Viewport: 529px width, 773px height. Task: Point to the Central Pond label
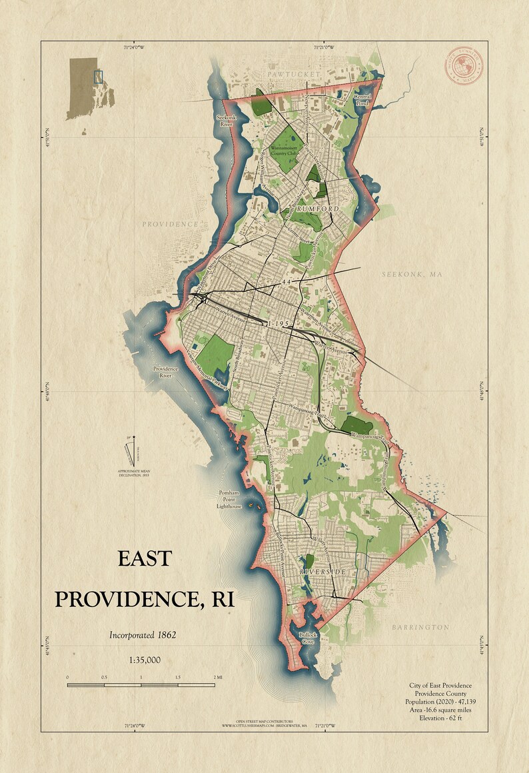361,100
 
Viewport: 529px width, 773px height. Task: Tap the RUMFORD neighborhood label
318,209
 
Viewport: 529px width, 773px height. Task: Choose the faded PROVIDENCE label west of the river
170,225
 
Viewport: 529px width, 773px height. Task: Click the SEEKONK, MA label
412,275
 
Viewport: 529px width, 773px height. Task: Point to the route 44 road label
288,283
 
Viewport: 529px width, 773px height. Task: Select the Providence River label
167,372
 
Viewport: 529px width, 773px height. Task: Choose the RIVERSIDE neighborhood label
322,572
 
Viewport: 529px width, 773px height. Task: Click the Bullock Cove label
308,638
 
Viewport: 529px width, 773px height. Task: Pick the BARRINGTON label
420,627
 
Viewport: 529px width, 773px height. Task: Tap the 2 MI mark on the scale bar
217,677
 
